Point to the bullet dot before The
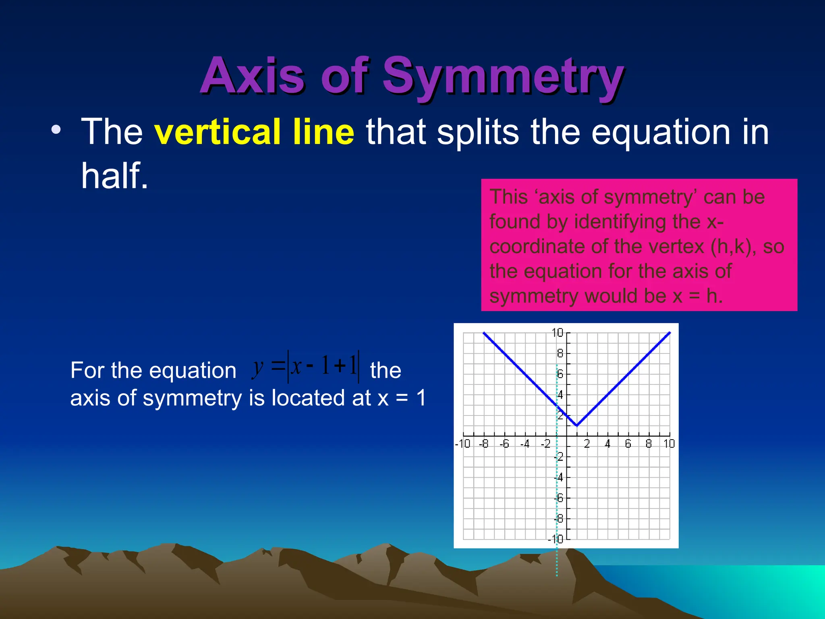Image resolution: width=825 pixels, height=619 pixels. (56, 130)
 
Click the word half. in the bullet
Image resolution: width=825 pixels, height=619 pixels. (115, 176)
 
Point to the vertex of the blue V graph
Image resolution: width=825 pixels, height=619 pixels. (577, 425)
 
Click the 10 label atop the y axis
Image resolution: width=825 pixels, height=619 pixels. (557, 333)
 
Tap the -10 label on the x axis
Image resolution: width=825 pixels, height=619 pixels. (462, 444)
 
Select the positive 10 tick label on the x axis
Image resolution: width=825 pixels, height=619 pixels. (669, 444)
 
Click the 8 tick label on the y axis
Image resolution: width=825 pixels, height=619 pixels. (560, 353)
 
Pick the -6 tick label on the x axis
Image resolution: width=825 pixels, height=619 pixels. (504, 444)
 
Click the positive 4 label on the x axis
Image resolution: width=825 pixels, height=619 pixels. (607, 444)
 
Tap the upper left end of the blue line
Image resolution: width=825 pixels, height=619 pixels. (484, 333)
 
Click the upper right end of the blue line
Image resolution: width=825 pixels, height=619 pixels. (670, 333)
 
